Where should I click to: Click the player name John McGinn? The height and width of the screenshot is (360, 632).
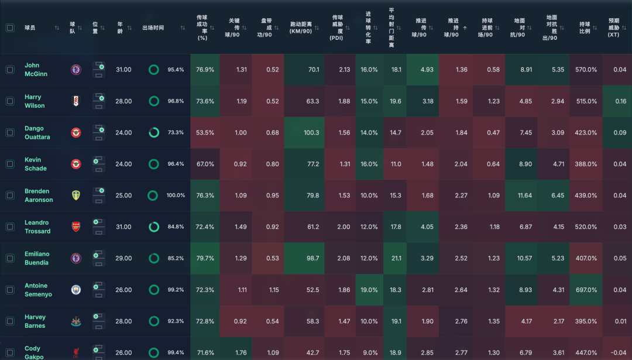[36, 70]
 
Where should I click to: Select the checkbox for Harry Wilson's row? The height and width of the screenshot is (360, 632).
[10, 101]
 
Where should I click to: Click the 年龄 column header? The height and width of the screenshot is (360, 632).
[120, 28]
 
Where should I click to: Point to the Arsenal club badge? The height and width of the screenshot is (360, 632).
[76, 227]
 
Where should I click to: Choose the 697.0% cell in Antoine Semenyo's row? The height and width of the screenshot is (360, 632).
[585, 290]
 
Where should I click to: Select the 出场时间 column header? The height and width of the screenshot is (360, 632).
[153, 28]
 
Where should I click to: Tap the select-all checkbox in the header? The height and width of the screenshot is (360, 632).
[10, 28]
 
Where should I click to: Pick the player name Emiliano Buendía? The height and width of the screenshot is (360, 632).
[37, 258]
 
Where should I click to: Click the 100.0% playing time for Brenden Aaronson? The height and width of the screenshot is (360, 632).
[176, 196]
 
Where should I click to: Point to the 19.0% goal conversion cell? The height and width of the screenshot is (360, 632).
[369, 290]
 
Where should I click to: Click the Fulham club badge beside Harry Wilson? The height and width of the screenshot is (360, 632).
[76, 101]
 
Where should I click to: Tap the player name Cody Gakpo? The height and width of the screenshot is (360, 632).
[33, 352]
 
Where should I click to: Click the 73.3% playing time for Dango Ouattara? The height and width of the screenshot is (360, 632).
[176, 133]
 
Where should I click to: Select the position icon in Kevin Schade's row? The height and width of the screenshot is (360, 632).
[98, 164]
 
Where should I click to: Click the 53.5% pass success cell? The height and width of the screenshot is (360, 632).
[205, 133]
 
